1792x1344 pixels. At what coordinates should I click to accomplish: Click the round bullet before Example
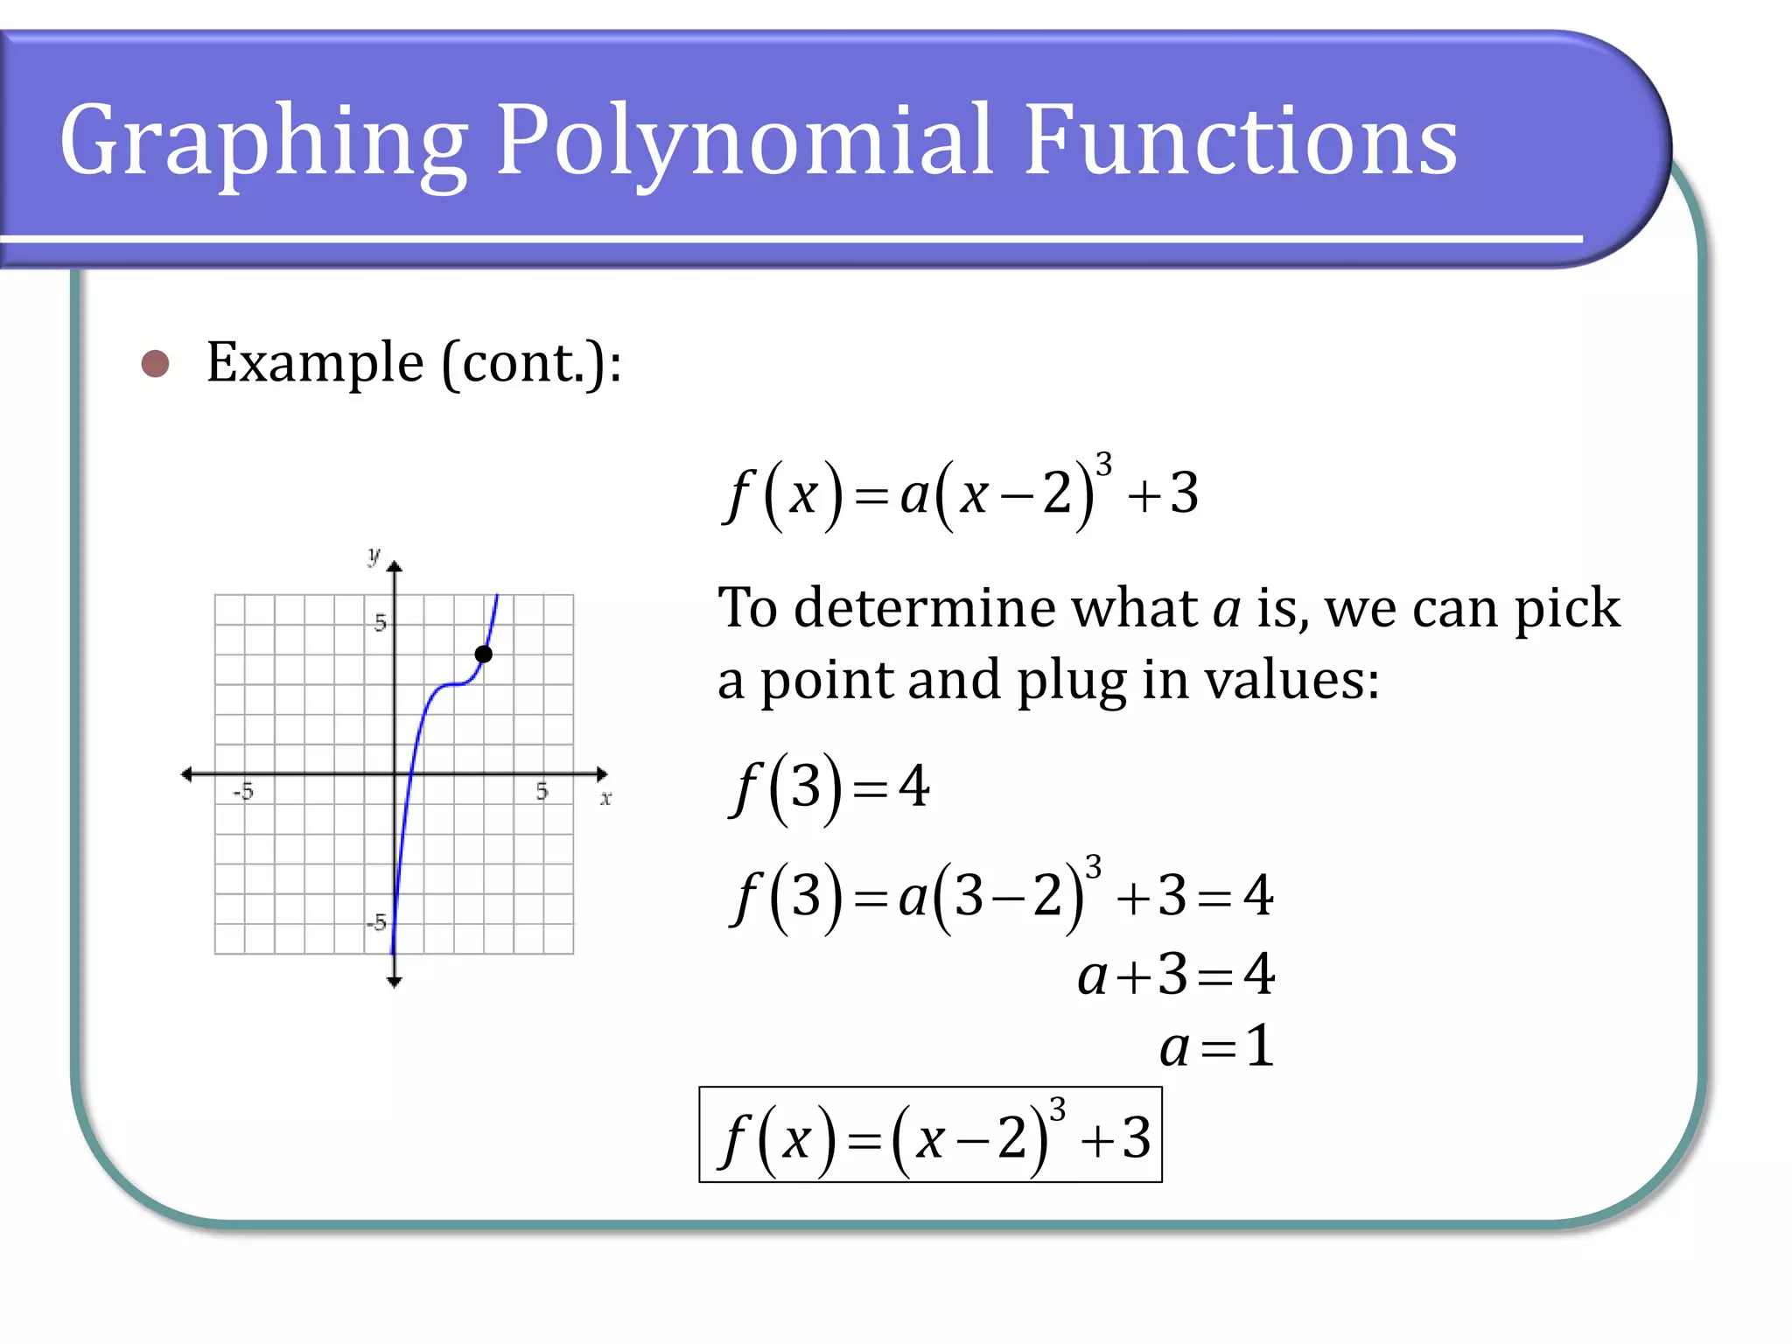pos(155,363)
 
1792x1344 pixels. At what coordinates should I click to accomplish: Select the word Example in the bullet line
pos(315,362)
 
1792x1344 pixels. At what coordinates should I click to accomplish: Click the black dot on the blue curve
pos(483,654)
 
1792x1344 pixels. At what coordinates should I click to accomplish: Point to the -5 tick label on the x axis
pos(243,792)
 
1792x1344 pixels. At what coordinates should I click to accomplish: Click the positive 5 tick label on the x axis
pos(542,792)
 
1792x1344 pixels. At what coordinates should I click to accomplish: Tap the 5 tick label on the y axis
pos(379,623)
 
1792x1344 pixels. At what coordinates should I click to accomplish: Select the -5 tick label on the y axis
pos(376,922)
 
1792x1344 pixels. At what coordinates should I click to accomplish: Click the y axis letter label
pos(374,555)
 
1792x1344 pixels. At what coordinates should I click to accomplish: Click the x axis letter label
pos(605,798)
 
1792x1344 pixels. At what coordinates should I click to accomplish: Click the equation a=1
pos(1216,1046)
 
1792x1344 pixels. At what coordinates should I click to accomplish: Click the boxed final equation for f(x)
pos(930,1136)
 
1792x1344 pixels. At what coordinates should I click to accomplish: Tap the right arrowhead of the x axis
pos(601,774)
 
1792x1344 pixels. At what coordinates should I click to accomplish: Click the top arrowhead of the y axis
pos(395,567)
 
